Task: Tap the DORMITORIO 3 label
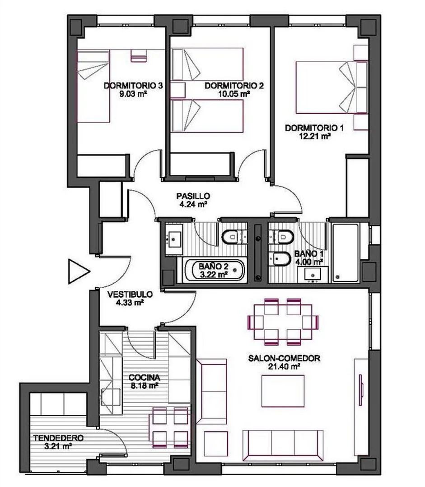point(133,86)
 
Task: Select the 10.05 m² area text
point(234,94)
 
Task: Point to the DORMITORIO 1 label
point(314,128)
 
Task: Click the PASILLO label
point(193,196)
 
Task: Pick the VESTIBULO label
point(130,294)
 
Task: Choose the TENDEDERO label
point(59,438)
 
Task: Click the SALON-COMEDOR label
point(284,358)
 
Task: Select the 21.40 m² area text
point(284,367)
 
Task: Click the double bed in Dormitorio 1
point(332,87)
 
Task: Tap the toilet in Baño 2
point(231,238)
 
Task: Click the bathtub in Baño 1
point(346,253)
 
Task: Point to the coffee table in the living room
point(283,391)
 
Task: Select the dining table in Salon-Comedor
point(283,322)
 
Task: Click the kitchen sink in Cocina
point(111,397)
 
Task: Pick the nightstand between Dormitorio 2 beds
point(178,90)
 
